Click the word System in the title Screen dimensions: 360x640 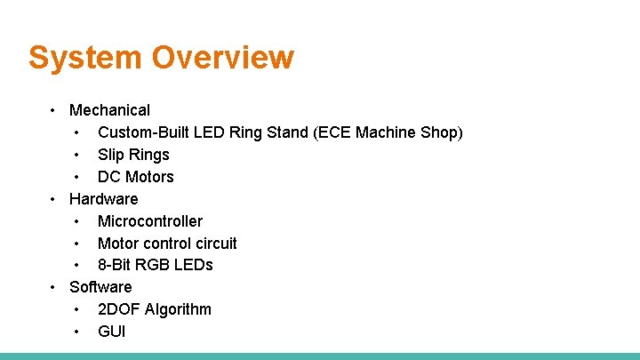(85, 58)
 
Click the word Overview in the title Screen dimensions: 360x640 (222, 58)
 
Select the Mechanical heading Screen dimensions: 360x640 (109, 110)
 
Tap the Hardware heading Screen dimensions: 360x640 (103, 198)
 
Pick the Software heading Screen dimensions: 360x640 (100, 287)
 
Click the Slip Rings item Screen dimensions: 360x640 (133, 155)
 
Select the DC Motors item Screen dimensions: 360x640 (135, 177)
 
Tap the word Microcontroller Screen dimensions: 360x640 (150, 221)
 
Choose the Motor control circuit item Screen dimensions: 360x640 (167, 243)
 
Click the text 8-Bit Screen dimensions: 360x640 (116, 265)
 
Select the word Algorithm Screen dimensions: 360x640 (179, 309)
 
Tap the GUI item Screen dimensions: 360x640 (112, 332)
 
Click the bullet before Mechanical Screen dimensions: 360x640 (54, 110)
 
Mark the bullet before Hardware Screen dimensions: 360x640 (54, 198)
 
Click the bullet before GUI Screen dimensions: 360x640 (78, 332)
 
